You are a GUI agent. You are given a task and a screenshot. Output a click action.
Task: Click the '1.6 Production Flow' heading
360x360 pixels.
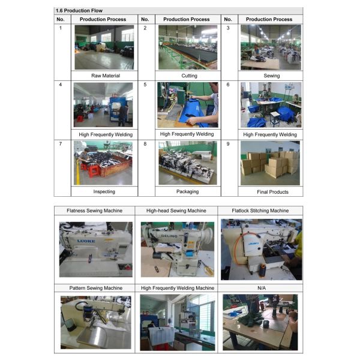(79, 11)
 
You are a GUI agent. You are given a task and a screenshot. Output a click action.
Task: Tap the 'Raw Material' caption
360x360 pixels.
(106, 76)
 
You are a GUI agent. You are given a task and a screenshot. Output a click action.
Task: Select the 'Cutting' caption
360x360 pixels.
(189, 76)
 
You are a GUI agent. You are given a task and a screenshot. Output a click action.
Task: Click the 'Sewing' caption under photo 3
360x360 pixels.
(272, 76)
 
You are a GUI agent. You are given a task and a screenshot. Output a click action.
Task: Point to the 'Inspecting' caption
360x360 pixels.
(104, 192)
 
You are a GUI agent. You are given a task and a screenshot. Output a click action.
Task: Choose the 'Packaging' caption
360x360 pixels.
(188, 192)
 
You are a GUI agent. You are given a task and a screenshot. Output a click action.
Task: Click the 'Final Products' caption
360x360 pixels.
(272, 192)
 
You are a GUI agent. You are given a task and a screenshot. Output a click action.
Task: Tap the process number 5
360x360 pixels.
(145, 85)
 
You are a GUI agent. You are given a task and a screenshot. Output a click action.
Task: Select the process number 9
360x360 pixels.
(228, 144)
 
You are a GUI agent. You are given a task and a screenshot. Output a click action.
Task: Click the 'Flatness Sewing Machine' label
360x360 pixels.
(94, 211)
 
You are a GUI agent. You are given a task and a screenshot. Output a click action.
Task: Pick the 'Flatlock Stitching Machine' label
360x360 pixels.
(260, 211)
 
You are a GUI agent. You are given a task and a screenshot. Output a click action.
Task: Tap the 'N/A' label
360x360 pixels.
(262, 288)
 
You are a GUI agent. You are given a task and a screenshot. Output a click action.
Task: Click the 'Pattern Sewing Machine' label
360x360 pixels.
(96, 288)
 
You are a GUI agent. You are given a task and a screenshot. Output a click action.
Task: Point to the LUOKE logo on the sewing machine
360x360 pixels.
(86, 241)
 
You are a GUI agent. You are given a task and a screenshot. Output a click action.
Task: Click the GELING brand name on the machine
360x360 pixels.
(169, 236)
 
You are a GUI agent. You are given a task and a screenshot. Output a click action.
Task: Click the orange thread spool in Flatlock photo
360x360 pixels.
(262, 268)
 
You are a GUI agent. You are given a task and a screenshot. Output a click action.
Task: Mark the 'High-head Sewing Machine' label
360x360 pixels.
(176, 211)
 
